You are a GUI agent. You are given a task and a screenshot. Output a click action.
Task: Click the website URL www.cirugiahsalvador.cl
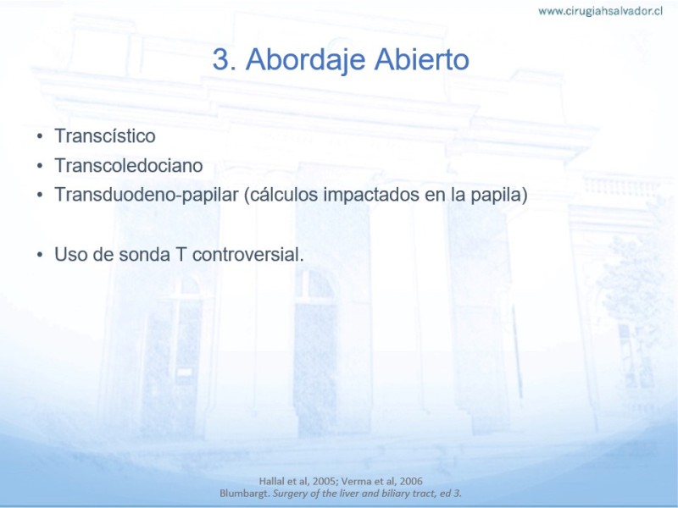(x=600, y=11)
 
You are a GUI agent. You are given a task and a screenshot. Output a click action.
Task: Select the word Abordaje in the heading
(x=305, y=60)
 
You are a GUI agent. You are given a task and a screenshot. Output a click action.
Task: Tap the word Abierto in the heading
(x=421, y=59)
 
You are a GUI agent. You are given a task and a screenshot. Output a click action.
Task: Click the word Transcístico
(x=105, y=135)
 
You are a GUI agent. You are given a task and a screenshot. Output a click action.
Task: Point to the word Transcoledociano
(x=129, y=165)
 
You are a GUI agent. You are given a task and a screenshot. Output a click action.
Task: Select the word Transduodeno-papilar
(x=147, y=196)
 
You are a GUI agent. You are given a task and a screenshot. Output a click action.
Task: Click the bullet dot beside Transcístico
(x=40, y=136)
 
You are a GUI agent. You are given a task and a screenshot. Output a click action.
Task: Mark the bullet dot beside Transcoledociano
(x=40, y=166)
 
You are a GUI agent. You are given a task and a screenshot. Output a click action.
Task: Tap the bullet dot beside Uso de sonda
(x=40, y=255)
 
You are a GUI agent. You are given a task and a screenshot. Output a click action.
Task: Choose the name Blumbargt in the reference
(x=245, y=494)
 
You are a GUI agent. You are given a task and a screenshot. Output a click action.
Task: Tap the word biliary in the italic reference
(x=392, y=494)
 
